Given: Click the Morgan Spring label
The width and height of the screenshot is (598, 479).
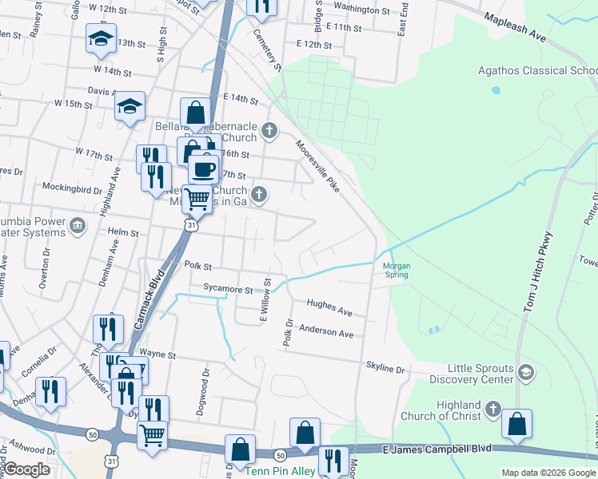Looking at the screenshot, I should pos(396,270).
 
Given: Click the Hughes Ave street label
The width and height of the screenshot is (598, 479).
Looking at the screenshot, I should pos(329,307).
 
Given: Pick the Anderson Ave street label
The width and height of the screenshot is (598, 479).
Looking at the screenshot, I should pos(325,331).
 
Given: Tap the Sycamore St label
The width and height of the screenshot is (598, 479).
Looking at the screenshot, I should pos(228,290).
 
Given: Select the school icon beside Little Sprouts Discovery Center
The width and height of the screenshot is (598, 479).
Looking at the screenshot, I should pos(526,372).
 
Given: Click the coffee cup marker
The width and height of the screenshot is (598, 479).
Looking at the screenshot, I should pos(203,168).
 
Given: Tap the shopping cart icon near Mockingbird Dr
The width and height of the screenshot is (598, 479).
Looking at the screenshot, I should pos(197,198).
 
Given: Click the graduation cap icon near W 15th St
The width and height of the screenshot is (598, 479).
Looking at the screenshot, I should pos(129,106).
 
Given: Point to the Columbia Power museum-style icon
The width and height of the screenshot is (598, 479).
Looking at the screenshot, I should pos(77,225).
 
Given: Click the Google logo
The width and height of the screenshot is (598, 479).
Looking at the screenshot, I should pos(27,469).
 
